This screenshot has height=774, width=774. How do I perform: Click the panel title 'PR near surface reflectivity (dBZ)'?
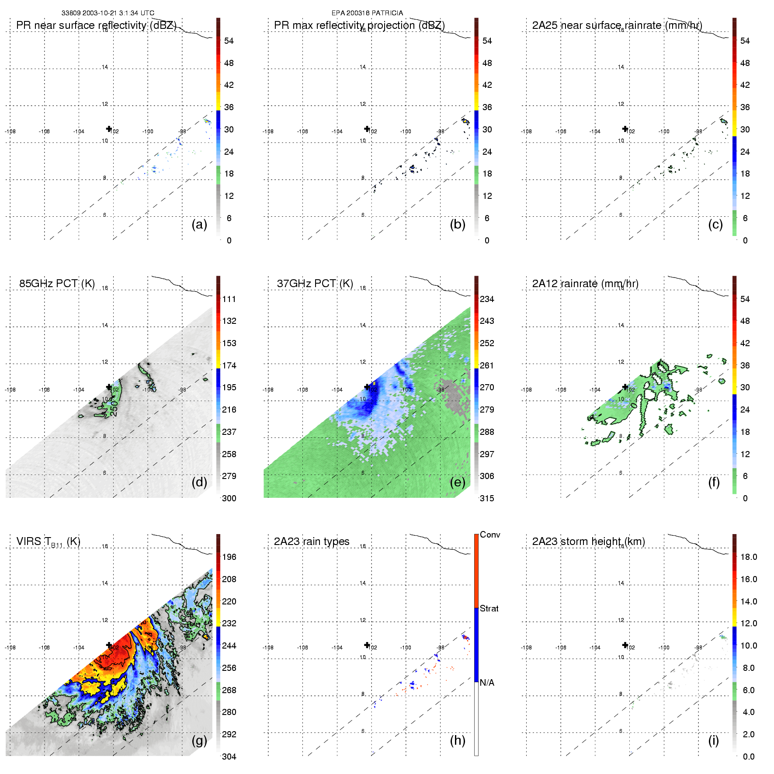pos(96,25)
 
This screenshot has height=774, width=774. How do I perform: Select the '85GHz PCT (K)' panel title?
pos(57,284)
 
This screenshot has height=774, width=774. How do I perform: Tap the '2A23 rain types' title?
pos(312,541)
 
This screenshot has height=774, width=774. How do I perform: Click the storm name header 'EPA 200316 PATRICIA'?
pos(367,13)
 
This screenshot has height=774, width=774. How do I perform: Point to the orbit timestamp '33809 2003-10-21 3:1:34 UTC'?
pos(108,13)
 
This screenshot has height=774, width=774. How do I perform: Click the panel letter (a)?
pos(199,225)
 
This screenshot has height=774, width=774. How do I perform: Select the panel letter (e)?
pos(457,482)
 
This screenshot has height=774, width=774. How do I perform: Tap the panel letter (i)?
pos(713,740)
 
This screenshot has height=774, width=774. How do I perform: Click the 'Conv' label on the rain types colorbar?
pos(490,535)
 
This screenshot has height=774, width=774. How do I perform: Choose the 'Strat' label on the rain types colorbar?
pos(489,609)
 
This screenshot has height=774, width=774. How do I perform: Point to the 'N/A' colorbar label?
pos(487,683)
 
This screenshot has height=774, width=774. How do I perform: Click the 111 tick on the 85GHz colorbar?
pos(229,299)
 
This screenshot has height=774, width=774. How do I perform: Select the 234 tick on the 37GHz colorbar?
pos(487,299)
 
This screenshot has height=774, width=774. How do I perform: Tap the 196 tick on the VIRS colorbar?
pos(229,557)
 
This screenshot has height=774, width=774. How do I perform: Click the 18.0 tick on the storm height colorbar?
pos(749,557)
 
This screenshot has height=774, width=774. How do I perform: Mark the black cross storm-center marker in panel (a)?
pos(109,129)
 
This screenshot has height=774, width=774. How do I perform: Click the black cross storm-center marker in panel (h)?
pos(367,645)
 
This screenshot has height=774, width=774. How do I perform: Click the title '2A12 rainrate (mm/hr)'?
pos(585,284)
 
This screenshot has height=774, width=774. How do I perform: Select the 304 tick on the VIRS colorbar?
pos(229,757)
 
